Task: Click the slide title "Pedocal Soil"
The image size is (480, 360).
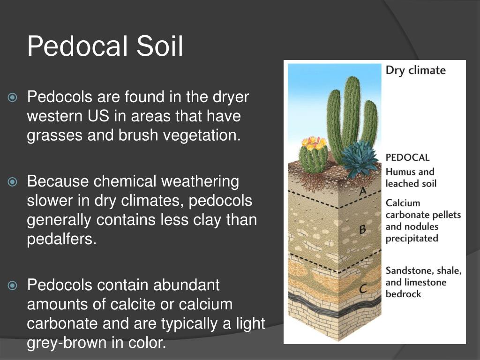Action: pyautogui.click(x=105, y=46)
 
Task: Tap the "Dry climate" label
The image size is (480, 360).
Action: pyautogui.click(x=415, y=70)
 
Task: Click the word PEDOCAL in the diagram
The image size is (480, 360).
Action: pyautogui.click(x=407, y=157)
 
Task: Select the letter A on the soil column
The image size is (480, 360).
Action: pyautogui.click(x=362, y=191)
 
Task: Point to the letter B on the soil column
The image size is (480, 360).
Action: pyautogui.click(x=362, y=230)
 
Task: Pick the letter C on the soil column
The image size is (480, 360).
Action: pyautogui.click(x=363, y=290)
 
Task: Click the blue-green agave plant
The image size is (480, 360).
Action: pyautogui.click(x=359, y=158)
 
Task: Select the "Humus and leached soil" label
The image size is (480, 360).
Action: pyautogui.click(x=410, y=178)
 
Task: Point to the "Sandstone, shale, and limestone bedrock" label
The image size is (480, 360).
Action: pyautogui.click(x=423, y=282)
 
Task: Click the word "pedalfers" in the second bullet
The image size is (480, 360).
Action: pyautogui.click(x=61, y=239)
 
